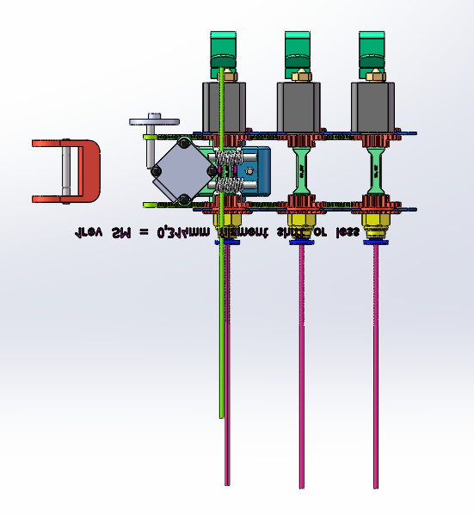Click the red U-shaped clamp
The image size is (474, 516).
pyautogui.click(x=89, y=172)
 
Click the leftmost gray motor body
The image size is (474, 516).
pyautogui.click(x=225, y=105)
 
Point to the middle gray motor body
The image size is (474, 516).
pyautogui.click(x=300, y=105)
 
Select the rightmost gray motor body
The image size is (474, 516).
pyautogui.click(x=374, y=105)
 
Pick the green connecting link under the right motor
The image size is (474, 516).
pyautogui.click(x=376, y=170)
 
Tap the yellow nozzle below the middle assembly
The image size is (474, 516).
pyautogui.click(x=301, y=227)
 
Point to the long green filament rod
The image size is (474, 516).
pyautogui.click(x=222, y=344)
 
